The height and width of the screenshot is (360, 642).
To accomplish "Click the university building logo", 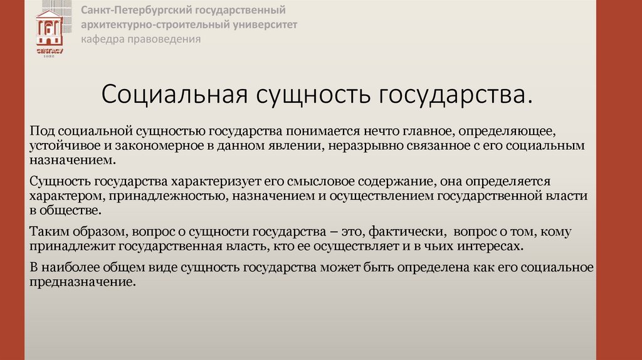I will (x=49, y=32).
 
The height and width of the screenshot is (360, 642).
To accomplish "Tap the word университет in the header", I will (x=261, y=24).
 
